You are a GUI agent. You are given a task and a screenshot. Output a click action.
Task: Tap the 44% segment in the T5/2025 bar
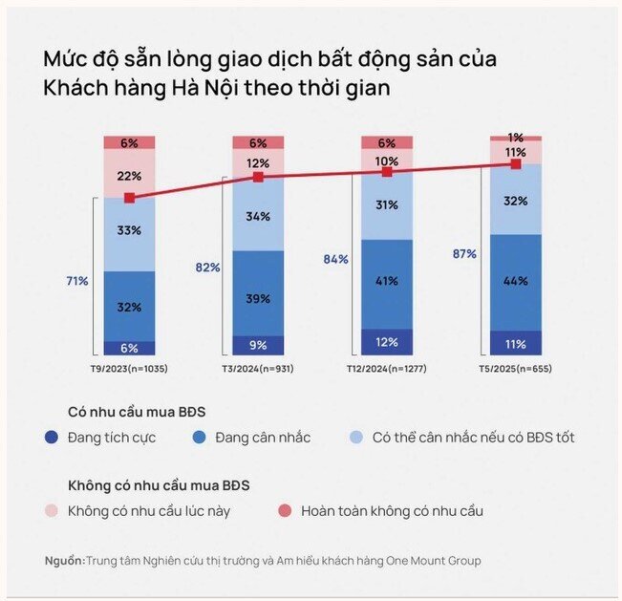[516, 282]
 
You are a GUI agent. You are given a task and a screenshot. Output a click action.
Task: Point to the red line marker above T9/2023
[129, 198]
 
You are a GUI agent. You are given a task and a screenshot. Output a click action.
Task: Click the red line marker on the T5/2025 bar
[516, 164]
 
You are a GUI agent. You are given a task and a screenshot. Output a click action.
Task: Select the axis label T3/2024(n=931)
[258, 368]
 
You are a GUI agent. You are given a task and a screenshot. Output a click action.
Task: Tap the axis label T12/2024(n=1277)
[387, 368]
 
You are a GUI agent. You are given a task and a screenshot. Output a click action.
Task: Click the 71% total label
[77, 281]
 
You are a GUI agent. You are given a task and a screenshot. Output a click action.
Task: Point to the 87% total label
[465, 254]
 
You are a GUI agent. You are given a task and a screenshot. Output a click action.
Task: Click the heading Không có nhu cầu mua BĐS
[159, 484]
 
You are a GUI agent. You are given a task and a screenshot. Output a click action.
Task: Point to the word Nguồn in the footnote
[64, 560]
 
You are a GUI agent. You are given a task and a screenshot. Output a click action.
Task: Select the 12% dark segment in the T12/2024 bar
[387, 342]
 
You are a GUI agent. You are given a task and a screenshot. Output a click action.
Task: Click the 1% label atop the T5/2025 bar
[516, 138]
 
